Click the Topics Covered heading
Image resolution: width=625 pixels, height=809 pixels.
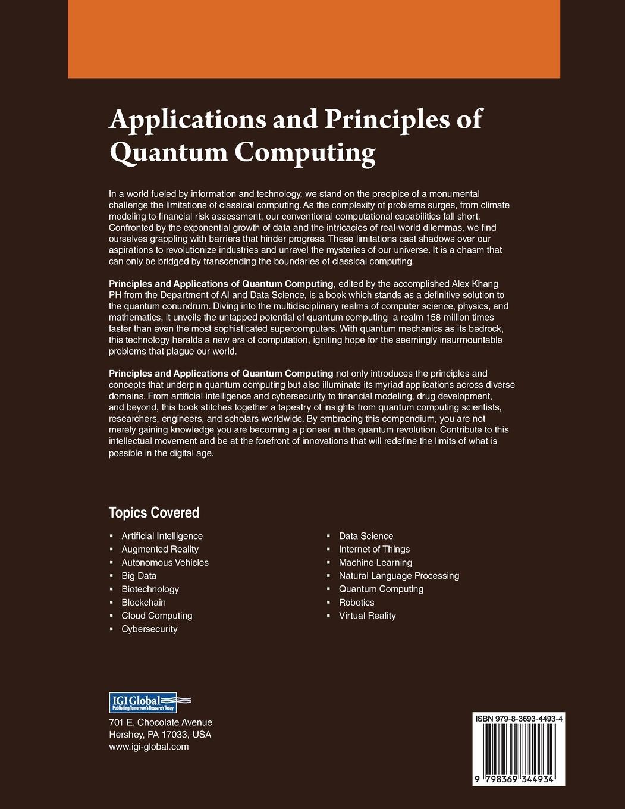pos(153,513)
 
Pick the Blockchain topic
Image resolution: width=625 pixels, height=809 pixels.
pos(143,603)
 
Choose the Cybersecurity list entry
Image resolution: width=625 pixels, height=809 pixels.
pos(149,629)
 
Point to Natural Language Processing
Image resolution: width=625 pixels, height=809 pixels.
pos(398,576)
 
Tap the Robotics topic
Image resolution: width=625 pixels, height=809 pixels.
pos(356,603)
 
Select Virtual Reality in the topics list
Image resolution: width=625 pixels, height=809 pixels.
pos(367,616)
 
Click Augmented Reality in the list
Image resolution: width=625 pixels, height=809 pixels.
pos(160,549)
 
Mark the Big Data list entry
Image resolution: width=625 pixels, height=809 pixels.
pos(139,576)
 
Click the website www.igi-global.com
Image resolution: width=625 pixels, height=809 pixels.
pos(149,747)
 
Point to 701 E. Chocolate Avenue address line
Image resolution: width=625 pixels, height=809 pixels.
pos(161,722)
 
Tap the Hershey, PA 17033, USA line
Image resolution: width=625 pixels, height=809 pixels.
pos(160,735)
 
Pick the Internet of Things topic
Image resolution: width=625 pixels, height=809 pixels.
pos(374,549)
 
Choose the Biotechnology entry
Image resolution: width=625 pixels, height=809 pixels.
pos(150,589)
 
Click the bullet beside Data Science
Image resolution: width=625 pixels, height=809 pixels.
pos(328,537)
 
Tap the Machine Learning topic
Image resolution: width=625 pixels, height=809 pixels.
pos(375,562)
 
